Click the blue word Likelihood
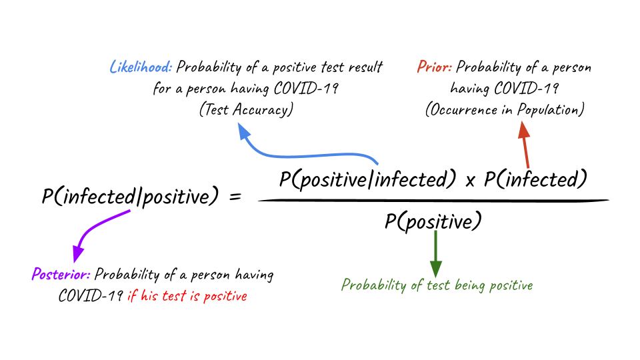point(141,67)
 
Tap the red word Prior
point(434,67)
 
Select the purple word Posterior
point(61,274)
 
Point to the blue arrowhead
point(244,131)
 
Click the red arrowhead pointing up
point(524,131)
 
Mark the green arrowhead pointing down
point(435,269)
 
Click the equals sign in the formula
point(235,197)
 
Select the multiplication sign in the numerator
point(470,181)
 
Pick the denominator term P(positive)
point(433,221)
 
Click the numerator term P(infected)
point(535,179)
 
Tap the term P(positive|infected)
point(367,179)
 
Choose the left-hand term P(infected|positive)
point(130,196)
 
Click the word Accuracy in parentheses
point(263,110)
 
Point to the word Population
point(551,110)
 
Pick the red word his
point(149,295)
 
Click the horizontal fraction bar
point(433,201)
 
